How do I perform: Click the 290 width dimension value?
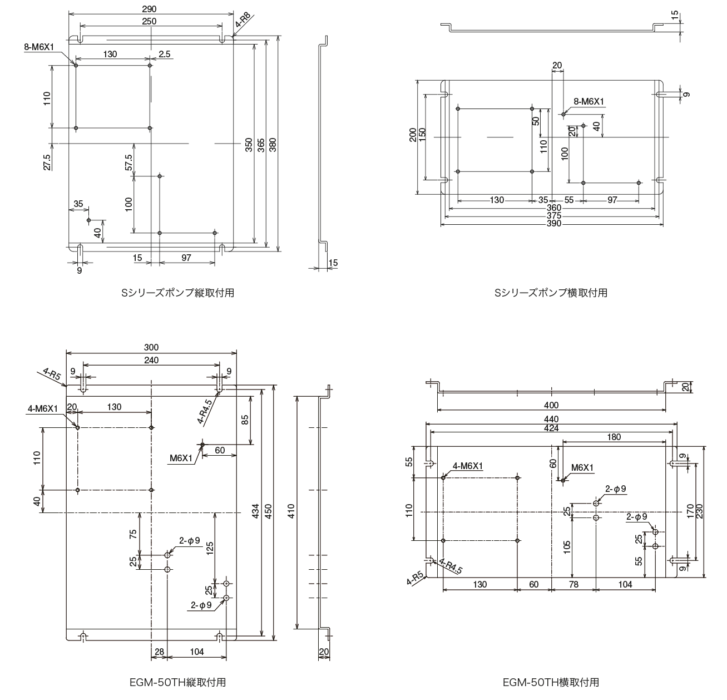coord(149,9)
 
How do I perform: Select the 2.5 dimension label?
coord(164,54)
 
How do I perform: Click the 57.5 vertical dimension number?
coord(128,162)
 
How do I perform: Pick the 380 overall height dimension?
coord(272,144)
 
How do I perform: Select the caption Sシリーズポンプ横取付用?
coord(551,293)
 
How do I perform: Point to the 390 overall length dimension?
coord(553,224)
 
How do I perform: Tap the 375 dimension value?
coord(553,216)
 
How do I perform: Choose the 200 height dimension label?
coord(412,135)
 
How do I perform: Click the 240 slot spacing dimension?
coord(151,360)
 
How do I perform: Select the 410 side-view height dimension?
coord(290,511)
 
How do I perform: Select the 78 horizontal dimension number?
coord(573,584)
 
